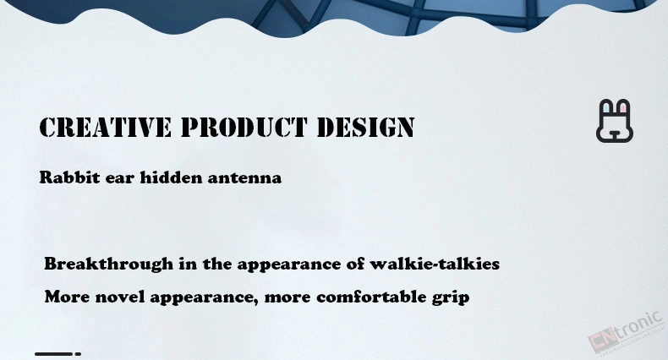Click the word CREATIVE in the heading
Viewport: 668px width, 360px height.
[105, 128]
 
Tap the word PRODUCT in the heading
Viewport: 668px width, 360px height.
[244, 128]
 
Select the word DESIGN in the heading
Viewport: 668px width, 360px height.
[366, 128]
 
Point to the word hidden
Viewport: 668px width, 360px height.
[172, 177]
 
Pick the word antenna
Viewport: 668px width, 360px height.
[244, 177]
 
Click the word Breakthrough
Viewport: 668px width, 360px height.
[108, 265]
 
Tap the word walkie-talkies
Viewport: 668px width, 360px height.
[435, 264]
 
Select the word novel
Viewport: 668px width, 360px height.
[120, 296]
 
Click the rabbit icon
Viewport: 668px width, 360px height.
[615, 121]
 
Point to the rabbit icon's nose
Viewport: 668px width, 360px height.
[615, 135]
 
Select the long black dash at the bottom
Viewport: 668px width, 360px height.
[53, 353]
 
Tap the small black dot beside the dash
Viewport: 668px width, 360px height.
[78, 353]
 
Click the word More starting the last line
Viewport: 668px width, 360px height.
[68, 296]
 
